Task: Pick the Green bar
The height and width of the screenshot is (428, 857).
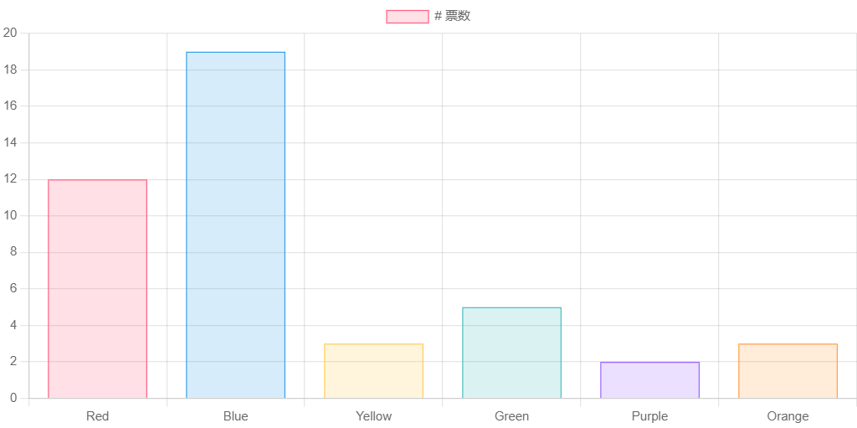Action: point(511,352)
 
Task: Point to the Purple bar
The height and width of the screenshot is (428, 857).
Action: point(649,379)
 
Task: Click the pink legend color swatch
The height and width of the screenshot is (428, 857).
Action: point(407,16)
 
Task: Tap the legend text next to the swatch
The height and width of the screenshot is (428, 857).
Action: point(453,16)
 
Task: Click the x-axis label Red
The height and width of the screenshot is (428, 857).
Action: point(97,416)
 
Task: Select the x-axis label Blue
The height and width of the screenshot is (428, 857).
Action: point(235,416)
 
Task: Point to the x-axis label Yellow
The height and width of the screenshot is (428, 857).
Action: point(373,416)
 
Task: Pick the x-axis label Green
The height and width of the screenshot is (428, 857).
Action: point(511,416)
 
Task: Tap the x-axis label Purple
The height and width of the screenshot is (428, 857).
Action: point(649,416)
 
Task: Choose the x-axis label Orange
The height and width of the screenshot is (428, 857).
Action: point(788,416)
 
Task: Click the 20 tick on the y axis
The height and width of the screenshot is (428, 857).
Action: point(10,33)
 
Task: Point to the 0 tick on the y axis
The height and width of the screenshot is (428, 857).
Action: point(13,398)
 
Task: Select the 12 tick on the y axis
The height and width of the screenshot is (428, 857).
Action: point(10,178)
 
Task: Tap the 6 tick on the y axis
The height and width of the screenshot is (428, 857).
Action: point(13,288)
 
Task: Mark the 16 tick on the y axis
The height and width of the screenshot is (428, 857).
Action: point(10,106)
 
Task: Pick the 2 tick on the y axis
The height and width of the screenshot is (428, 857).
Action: point(13,361)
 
